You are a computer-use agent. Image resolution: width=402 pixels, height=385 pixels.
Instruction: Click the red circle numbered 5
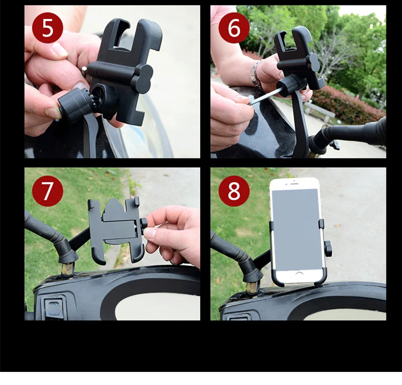48,28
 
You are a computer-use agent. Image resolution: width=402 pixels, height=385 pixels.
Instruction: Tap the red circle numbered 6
234,28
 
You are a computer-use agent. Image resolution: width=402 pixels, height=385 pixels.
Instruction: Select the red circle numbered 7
48,191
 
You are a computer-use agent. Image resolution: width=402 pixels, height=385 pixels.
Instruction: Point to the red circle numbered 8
234,191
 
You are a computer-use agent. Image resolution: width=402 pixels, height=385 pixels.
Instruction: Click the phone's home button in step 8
299,275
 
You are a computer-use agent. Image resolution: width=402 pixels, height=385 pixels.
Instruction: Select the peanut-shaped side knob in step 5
142,79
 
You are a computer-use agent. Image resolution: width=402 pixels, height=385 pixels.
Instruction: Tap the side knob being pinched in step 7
144,224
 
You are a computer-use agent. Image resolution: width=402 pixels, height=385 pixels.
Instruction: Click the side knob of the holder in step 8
328,248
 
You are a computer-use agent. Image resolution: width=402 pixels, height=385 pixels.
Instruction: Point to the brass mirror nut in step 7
67,269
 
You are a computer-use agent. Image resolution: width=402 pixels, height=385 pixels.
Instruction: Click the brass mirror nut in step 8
252,287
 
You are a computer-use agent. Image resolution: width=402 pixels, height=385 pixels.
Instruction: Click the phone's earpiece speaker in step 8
294,183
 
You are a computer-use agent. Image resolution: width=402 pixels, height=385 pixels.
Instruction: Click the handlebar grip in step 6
359,132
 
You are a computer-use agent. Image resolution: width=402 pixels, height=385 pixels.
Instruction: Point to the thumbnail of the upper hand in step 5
60,50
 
